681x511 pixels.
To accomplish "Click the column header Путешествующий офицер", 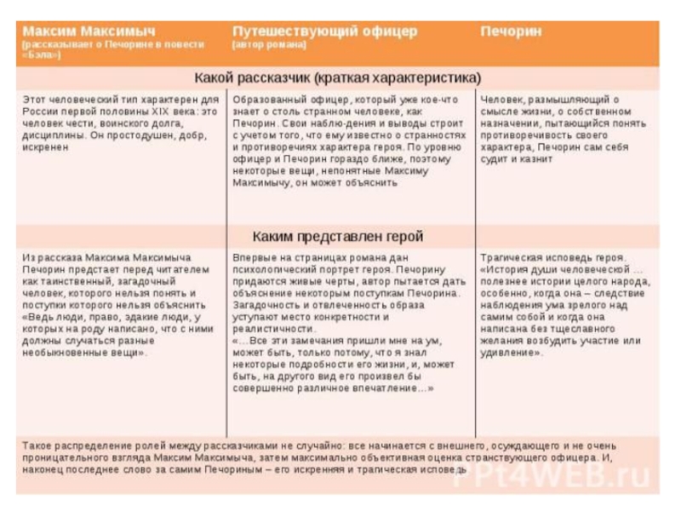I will pos(324,31).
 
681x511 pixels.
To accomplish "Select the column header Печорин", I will pos(511,31).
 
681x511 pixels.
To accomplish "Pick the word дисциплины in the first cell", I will pos(52,135).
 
